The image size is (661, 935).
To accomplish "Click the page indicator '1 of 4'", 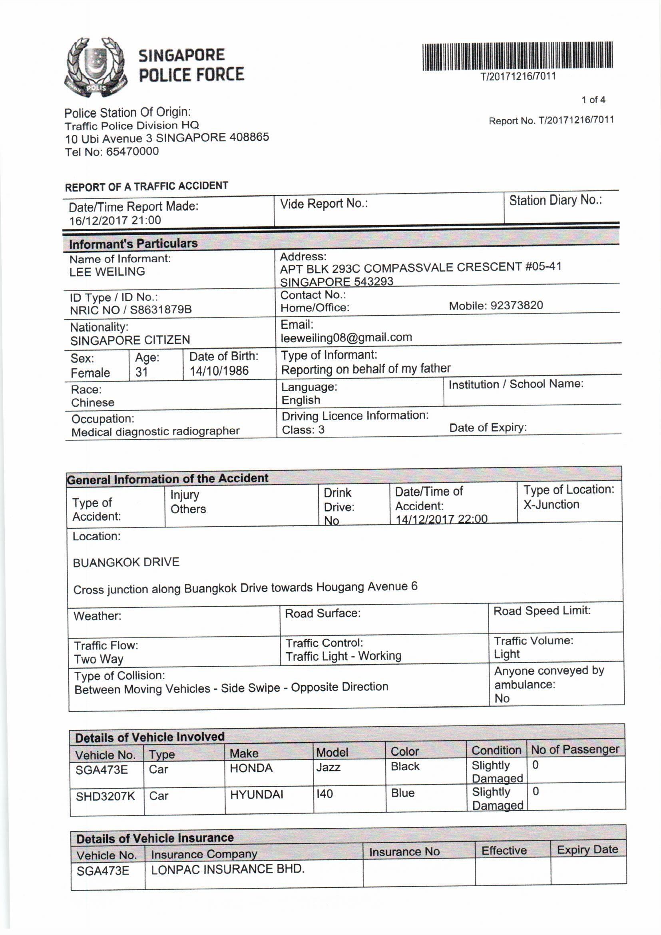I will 593,100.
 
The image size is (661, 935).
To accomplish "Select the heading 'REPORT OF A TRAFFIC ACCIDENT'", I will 147,186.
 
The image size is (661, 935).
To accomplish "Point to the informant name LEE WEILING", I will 107,272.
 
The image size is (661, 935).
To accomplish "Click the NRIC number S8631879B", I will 160,310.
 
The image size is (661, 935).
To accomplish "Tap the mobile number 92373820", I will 516,306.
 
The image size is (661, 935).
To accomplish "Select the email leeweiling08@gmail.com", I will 346,337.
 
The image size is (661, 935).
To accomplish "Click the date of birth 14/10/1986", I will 219,371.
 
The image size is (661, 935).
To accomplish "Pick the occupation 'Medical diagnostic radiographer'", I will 155,431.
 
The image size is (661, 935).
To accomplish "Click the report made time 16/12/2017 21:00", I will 115,220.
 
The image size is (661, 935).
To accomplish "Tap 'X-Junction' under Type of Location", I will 551,505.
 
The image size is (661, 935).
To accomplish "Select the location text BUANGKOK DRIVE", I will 126,562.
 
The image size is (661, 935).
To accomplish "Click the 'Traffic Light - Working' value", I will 343,656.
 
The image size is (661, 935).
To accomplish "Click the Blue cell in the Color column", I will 402,793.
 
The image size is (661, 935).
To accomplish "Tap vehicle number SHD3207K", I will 106,796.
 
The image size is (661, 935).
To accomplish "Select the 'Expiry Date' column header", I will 587,850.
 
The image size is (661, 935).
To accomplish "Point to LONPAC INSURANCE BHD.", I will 227,869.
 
